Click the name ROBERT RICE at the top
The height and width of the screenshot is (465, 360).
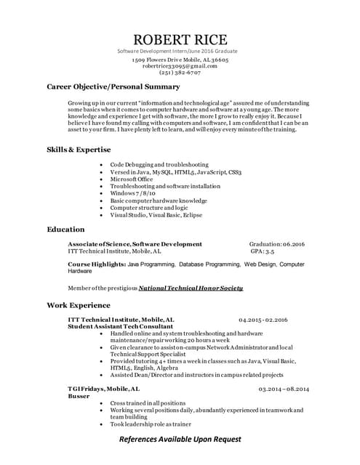pos(180,39)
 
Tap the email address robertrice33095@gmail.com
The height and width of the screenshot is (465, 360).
pos(180,65)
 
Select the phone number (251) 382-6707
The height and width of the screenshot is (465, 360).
pos(180,72)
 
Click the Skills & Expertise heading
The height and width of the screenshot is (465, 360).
pos(79,149)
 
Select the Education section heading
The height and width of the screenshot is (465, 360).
pos(65,229)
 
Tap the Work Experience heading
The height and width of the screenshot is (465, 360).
pos(79,304)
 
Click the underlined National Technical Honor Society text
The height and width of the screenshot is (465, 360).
pos(191,288)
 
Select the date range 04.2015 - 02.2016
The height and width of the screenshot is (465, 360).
pos(263,319)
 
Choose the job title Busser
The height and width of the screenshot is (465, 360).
pos(79,396)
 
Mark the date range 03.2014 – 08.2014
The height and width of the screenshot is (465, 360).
pos(284,389)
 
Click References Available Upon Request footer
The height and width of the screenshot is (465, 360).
pos(180,440)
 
